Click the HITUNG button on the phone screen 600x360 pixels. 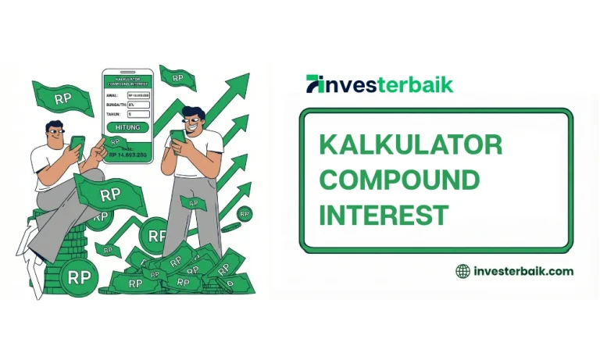point(127,127)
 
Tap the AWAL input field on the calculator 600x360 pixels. point(137,94)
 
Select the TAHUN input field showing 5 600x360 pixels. point(137,113)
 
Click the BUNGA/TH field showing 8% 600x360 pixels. point(137,104)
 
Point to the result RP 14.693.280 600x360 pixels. point(128,155)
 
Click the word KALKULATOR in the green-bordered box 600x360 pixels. point(410,145)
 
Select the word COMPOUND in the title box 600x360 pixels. point(399,180)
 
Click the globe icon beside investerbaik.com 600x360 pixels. point(462,271)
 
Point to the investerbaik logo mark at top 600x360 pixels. point(315,84)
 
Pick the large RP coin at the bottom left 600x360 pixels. point(79,276)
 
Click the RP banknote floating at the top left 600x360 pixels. point(62,98)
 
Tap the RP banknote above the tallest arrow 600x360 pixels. point(177,77)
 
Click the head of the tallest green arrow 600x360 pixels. point(240,82)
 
